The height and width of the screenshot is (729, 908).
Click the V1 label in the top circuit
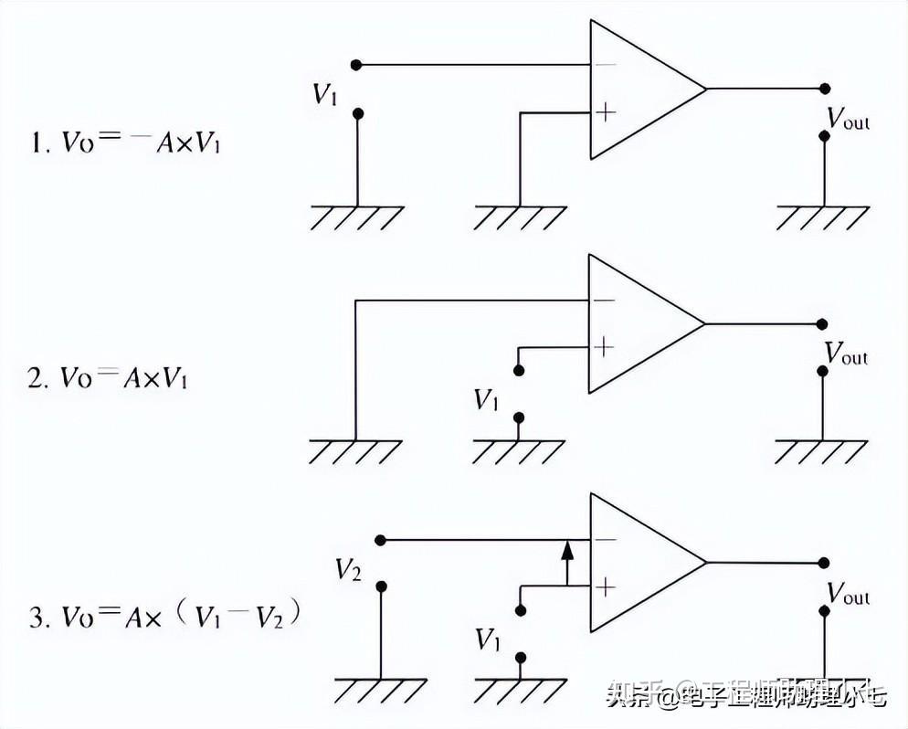(325, 94)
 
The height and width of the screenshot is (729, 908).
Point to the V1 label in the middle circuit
(486, 399)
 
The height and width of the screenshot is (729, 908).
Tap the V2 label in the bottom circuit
(348, 571)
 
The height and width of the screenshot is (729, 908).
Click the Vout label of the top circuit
(848, 119)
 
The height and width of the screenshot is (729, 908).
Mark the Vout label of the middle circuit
(846, 354)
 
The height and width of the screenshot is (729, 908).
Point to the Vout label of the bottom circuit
(848, 593)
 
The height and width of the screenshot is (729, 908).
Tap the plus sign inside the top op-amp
(605, 111)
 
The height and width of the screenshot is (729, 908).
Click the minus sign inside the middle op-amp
(603, 301)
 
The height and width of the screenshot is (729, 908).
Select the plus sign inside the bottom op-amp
(605, 586)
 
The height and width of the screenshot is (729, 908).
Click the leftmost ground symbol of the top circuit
(356, 217)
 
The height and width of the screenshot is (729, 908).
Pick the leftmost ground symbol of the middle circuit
(354, 451)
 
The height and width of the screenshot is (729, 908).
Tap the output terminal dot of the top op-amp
(824, 89)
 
